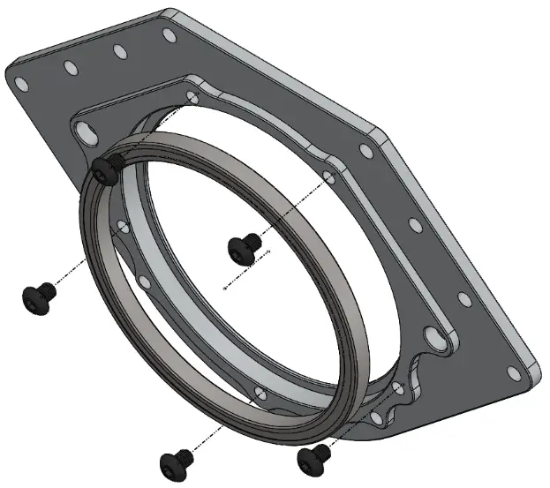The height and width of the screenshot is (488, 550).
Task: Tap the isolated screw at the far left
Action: point(37,297)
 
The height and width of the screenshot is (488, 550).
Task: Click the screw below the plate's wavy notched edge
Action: point(314,456)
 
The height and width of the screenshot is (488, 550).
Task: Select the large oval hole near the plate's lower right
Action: point(433,336)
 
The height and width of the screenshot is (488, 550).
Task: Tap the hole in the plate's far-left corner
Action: point(22,83)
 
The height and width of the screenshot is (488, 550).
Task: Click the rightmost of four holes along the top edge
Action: point(168,34)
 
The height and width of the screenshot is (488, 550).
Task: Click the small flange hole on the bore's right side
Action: point(329,178)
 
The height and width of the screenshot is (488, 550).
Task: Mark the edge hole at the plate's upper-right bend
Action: point(366,151)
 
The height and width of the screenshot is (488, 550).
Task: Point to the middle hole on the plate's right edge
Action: point(415,225)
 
